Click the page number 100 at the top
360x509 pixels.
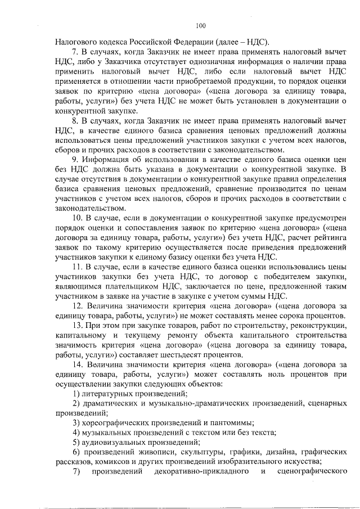point(201,25)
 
